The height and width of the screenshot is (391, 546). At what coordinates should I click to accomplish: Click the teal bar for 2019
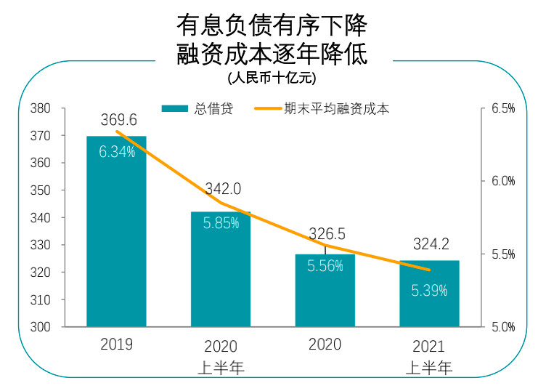[116, 240]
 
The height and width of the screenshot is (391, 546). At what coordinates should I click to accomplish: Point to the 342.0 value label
[223, 189]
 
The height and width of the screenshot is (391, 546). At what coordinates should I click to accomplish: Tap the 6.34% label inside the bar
[118, 153]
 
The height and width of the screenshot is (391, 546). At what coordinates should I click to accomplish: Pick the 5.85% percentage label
[221, 224]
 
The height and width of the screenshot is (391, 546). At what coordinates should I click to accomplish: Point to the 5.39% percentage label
[429, 291]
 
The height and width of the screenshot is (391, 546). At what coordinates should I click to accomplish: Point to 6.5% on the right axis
[502, 109]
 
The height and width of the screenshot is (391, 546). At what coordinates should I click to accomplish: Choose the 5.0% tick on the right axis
[502, 327]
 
